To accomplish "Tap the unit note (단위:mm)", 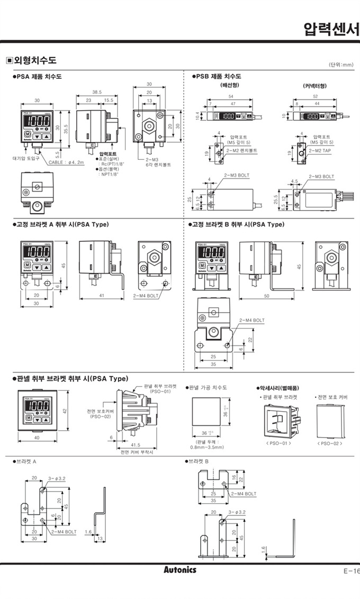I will (341, 65).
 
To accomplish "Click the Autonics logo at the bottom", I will (179, 569).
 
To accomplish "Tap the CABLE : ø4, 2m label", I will (66, 162).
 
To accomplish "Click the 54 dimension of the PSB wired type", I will (231, 96).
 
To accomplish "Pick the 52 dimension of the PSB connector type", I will (316, 96).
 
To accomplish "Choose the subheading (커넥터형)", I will (314, 85).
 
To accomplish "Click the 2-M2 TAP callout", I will (320, 150).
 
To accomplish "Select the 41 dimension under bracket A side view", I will (101, 296).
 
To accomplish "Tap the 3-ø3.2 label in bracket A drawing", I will (56, 478).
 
